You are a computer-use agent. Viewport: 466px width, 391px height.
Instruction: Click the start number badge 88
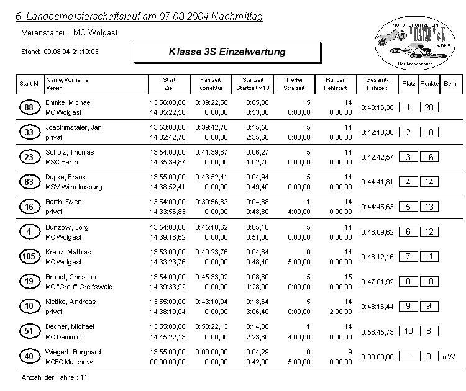[x=29, y=108]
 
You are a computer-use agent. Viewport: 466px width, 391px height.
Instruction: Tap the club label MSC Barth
[x=63, y=162]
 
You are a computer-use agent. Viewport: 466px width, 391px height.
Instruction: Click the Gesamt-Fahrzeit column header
[x=377, y=84]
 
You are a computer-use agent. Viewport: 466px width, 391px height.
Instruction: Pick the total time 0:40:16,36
[x=377, y=107]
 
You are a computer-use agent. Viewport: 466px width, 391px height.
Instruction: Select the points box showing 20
[x=429, y=107]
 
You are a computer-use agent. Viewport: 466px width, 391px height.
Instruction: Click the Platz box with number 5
[x=408, y=207]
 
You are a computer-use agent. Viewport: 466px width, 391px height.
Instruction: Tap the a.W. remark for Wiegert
[x=449, y=356]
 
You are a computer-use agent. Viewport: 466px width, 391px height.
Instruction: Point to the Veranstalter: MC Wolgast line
[x=70, y=31]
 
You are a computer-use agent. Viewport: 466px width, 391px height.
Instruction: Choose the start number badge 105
[x=29, y=257]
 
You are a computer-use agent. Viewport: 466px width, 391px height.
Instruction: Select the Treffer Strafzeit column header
[x=294, y=84]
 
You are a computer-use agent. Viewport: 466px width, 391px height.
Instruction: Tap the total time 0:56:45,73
[x=377, y=331]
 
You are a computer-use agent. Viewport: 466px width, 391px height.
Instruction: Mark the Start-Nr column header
[x=30, y=84]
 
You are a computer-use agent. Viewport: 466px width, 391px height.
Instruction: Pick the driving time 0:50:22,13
[x=211, y=326]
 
